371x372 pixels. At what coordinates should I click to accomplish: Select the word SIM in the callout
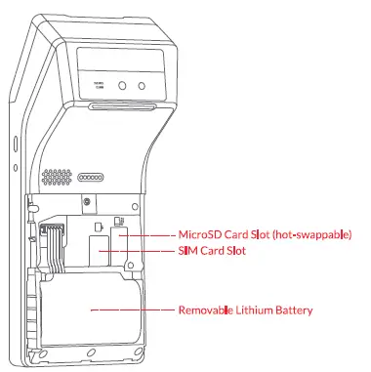pos(187,251)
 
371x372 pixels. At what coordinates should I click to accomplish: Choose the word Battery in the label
pos(295,310)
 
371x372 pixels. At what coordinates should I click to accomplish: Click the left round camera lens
pos(124,87)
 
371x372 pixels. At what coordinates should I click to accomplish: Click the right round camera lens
pos(143,87)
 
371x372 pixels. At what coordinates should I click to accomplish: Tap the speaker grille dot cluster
pos(57,180)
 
